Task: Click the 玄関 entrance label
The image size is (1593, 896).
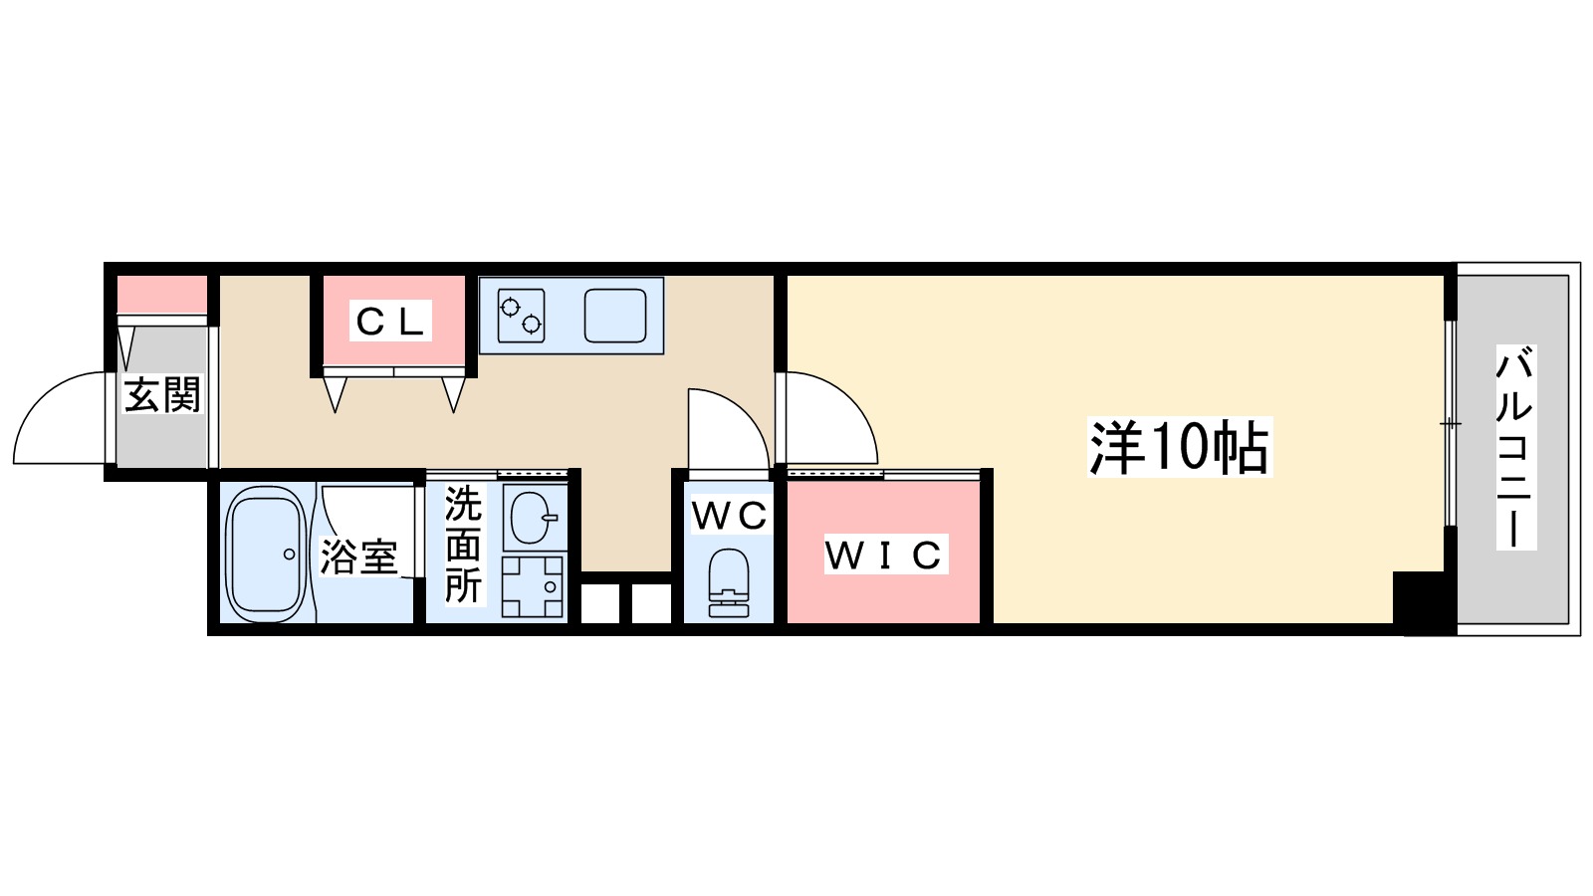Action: [x=161, y=395]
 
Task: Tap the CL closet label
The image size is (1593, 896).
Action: [x=391, y=321]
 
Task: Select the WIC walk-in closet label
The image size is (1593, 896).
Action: [x=883, y=556]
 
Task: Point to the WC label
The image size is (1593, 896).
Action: [x=729, y=515]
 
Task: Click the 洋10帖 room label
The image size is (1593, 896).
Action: [x=1180, y=447]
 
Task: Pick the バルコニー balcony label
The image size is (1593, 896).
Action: [x=1514, y=447]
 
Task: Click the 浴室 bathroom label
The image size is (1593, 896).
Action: [x=358, y=557]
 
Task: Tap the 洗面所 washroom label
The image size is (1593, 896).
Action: [x=463, y=545]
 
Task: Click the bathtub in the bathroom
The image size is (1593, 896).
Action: [x=265, y=554]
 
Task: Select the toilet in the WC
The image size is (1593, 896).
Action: [x=729, y=583]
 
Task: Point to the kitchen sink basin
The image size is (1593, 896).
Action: [x=615, y=316]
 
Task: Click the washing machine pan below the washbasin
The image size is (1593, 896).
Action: [x=533, y=586]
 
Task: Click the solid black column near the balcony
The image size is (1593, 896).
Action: [x=1424, y=602]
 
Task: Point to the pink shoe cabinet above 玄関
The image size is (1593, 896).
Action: [x=162, y=295]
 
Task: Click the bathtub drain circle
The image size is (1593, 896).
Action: [x=289, y=554]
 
